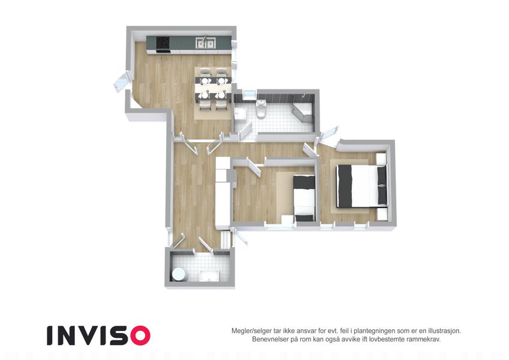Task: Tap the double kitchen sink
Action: pyautogui.click(x=205, y=43)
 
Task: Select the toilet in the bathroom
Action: pyautogui.click(x=261, y=109)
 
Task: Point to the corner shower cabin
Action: pyautogui.click(x=303, y=109)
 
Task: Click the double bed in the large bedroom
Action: pyautogui.click(x=362, y=186)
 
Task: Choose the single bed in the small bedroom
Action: pyautogui.click(x=304, y=198)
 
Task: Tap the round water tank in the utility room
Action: pyautogui.click(x=179, y=274)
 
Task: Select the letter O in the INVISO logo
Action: pyautogui.click(x=140, y=335)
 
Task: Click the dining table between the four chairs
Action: pyautogui.click(x=213, y=88)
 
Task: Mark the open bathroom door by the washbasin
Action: pyautogui.click(x=246, y=130)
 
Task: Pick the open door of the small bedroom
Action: pyautogui.click(x=254, y=167)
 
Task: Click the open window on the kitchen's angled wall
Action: pyautogui.click(x=121, y=83)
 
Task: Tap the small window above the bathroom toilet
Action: pyautogui.click(x=249, y=95)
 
